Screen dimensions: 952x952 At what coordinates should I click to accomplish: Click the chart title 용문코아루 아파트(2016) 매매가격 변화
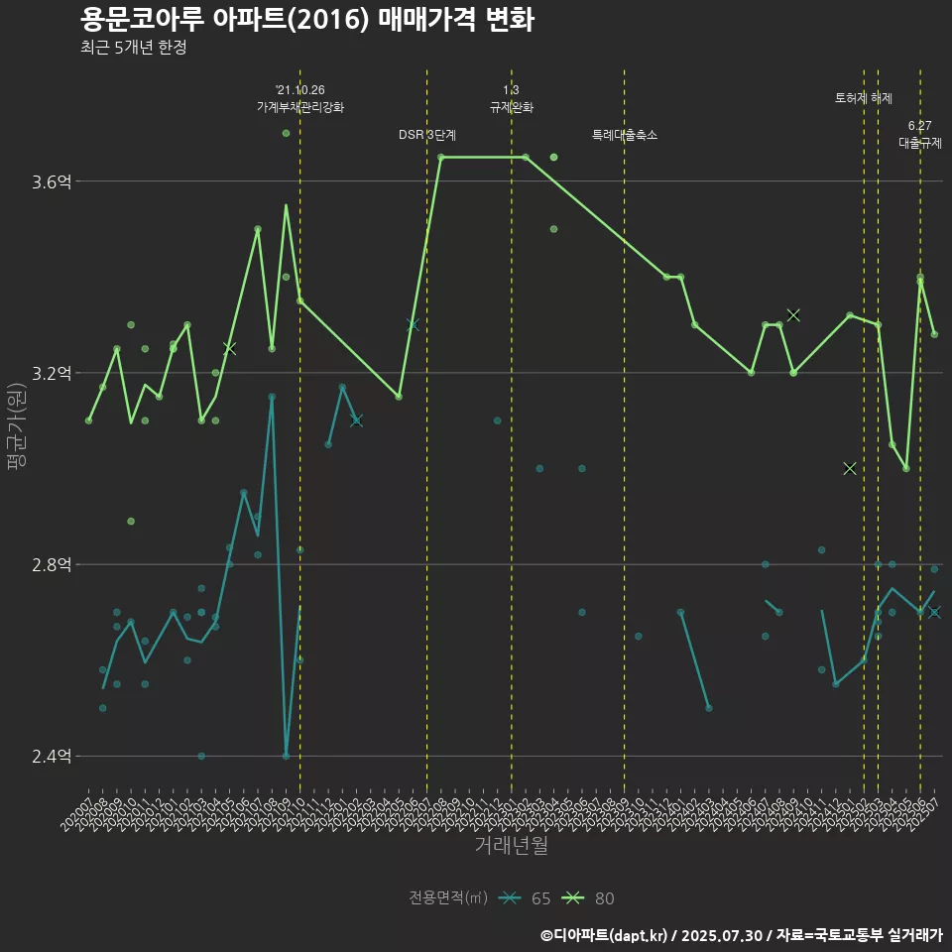[307, 20]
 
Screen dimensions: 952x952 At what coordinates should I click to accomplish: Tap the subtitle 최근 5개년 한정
[133, 48]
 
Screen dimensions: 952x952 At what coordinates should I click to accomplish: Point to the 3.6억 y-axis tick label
[52, 181]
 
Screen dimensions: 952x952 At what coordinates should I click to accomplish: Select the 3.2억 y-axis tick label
[52, 373]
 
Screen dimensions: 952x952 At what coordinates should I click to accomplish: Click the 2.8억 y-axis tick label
[52, 564]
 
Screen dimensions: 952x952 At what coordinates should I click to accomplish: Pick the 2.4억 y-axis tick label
[52, 757]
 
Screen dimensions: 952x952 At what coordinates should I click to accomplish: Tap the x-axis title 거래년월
[511, 845]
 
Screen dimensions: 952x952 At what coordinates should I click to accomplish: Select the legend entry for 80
[589, 898]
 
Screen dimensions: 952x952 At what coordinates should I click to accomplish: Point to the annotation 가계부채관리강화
[300, 107]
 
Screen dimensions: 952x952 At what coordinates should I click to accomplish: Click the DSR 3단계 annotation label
[427, 135]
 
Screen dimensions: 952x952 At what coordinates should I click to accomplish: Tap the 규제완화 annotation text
[512, 107]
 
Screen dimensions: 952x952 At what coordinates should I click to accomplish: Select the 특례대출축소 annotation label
[625, 135]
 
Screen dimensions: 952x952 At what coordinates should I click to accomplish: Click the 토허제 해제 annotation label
[864, 98]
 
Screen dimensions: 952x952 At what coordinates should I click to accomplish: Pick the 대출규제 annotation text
[920, 143]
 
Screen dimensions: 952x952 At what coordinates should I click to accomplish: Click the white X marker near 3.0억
[850, 468]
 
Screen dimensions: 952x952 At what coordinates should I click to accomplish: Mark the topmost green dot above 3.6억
[286, 133]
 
